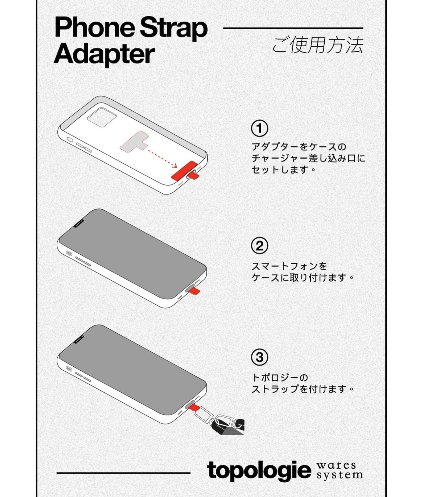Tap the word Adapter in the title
click(104, 55)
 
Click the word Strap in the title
click(174, 28)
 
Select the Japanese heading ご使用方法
click(318, 46)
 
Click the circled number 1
click(259, 128)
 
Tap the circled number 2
click(259, 246)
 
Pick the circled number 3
click(259, 357)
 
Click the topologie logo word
click(259, 470)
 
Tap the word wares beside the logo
click(336, 465)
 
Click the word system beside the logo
click(339, 475)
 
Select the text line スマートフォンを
click(289, 266)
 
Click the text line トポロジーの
click(280, 378)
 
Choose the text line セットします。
click(283, 169)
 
